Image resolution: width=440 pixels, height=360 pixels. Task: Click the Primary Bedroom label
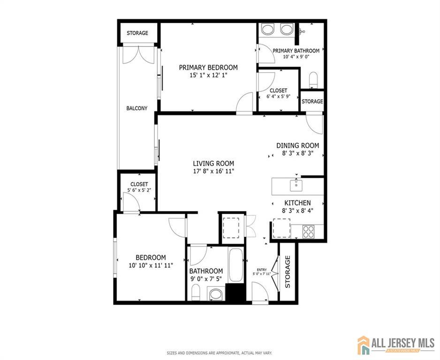[208, 67]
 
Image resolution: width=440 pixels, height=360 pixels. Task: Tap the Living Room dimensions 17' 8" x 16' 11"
[213, 171]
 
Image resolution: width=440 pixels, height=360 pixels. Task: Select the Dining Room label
[298, 145]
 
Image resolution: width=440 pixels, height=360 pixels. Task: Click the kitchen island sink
[296, 185]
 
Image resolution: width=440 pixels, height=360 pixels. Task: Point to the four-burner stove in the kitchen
[308, 232]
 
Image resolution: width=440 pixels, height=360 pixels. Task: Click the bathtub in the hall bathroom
[235, 265]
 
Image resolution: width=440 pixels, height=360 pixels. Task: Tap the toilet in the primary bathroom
[313, 80]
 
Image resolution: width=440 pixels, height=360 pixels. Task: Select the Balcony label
[137, 108]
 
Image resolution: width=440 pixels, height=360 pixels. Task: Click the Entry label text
[262, 270]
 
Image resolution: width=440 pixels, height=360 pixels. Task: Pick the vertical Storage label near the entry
[288, 272]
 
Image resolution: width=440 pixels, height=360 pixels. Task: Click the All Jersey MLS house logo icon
[364, 345]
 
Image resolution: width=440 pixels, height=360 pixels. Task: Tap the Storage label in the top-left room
[137, 33]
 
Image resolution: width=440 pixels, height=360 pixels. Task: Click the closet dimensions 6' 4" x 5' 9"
[278, 97]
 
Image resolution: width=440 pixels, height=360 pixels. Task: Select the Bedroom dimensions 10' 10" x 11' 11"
[151, 265]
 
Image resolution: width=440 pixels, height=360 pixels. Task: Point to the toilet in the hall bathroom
[196, 292]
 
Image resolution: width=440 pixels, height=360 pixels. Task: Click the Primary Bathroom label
[296, 51]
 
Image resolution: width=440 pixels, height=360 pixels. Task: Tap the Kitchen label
[297, 202]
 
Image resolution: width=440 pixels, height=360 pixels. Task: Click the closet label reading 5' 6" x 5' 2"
[139, 190]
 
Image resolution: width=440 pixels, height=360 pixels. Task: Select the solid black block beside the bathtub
[235, 292]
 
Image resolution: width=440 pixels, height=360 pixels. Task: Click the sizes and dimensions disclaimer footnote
[220, 353]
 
